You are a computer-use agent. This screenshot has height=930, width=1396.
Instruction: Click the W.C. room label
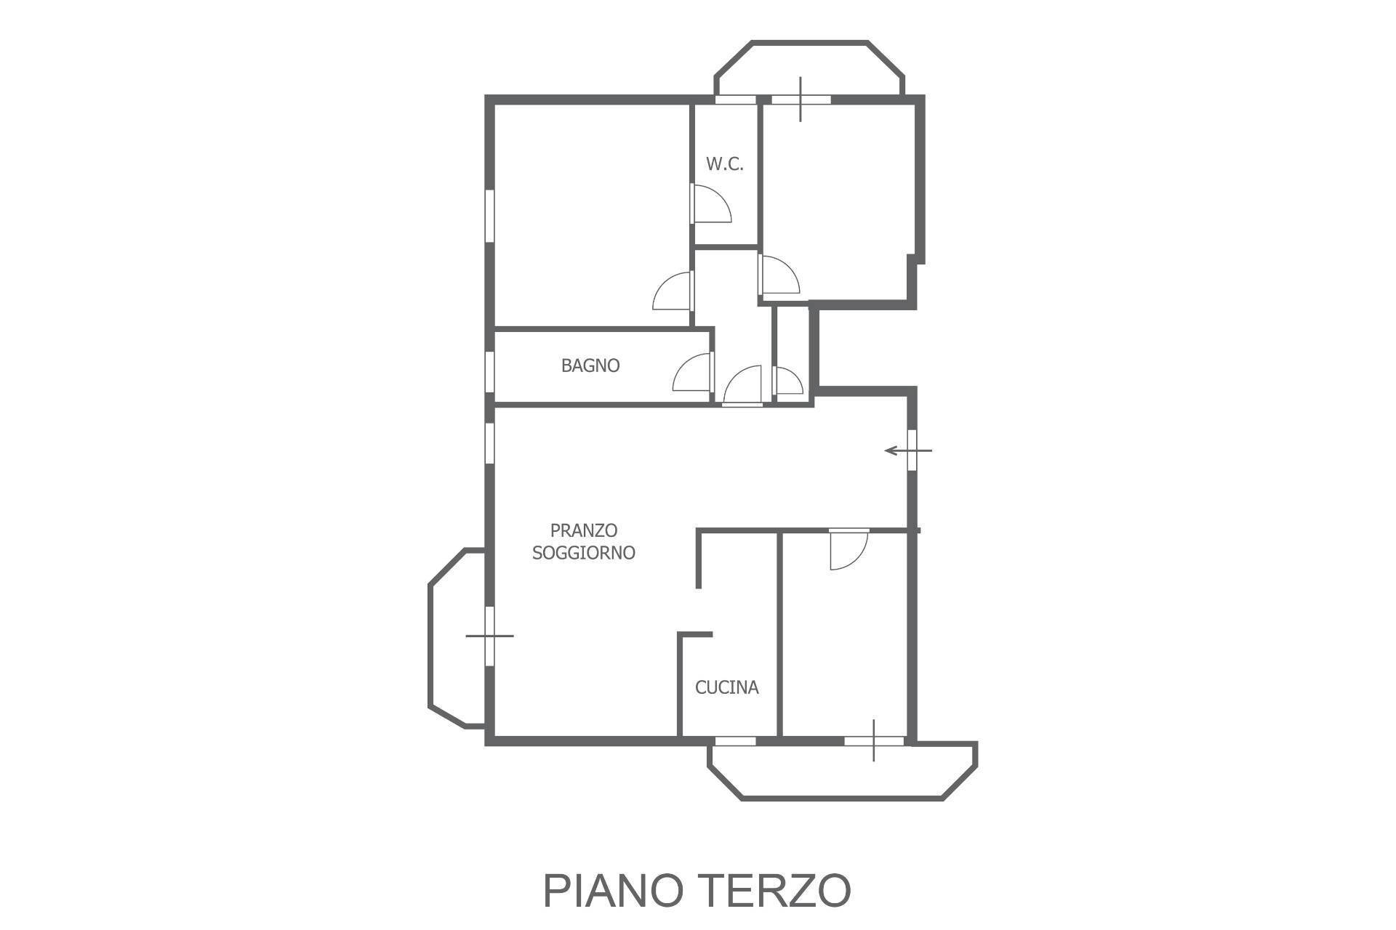725,164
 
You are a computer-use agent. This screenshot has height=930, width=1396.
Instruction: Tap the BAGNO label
590,365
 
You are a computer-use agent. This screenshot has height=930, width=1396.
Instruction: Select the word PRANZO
584,530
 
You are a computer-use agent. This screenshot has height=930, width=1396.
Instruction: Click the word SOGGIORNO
584,553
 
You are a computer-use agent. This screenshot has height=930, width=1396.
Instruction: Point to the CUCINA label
727,687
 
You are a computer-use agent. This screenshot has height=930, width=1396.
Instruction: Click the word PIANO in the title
620,891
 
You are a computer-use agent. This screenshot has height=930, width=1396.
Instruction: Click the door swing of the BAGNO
692,372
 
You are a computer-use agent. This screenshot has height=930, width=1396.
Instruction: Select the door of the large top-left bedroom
673,291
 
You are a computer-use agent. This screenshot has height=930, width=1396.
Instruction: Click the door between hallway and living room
742,385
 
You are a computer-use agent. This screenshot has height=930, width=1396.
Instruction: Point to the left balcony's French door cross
489,636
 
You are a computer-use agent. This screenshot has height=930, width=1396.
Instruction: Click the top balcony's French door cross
801,100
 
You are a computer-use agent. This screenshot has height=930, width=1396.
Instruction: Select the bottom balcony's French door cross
874,740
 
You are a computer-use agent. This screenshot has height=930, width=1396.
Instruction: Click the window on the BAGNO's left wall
490,373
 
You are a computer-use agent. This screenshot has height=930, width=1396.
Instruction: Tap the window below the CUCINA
734,740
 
